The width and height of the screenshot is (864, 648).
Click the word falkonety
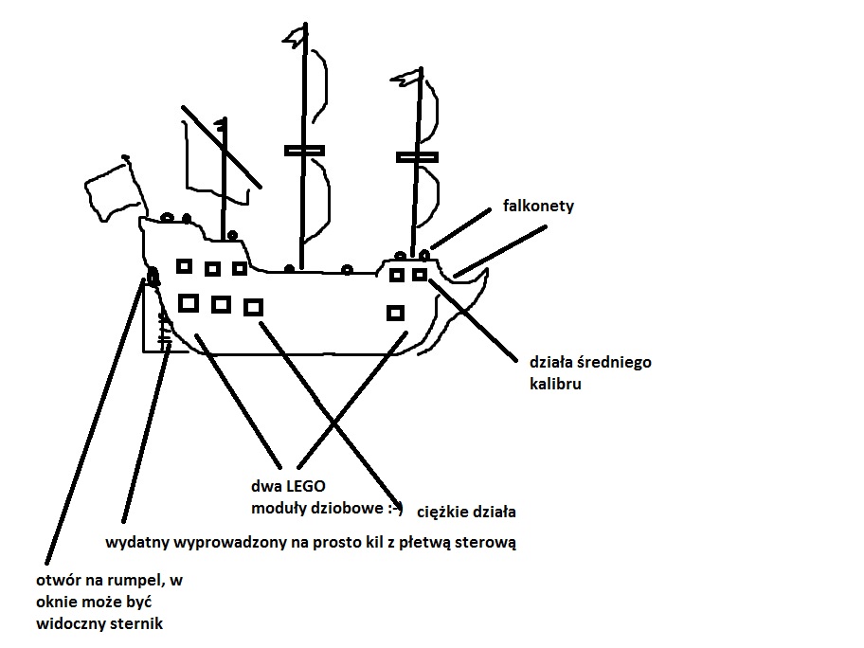point(540,207)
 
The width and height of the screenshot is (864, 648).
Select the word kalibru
point(554,385)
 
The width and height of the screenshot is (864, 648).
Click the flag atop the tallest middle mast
point(295,40)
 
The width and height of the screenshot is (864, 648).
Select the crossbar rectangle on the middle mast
point(304,150)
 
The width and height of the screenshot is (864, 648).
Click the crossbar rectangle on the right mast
point(417,157)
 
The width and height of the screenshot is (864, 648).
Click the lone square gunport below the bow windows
point(396,313)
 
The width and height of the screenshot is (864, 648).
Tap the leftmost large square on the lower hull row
point(189,302)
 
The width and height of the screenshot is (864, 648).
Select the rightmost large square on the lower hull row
point(253,306)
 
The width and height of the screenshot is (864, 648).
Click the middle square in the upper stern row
point(212,269)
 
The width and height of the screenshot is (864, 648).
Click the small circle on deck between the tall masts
point(347,269)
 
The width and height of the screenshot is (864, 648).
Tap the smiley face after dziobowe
point(399,510)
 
